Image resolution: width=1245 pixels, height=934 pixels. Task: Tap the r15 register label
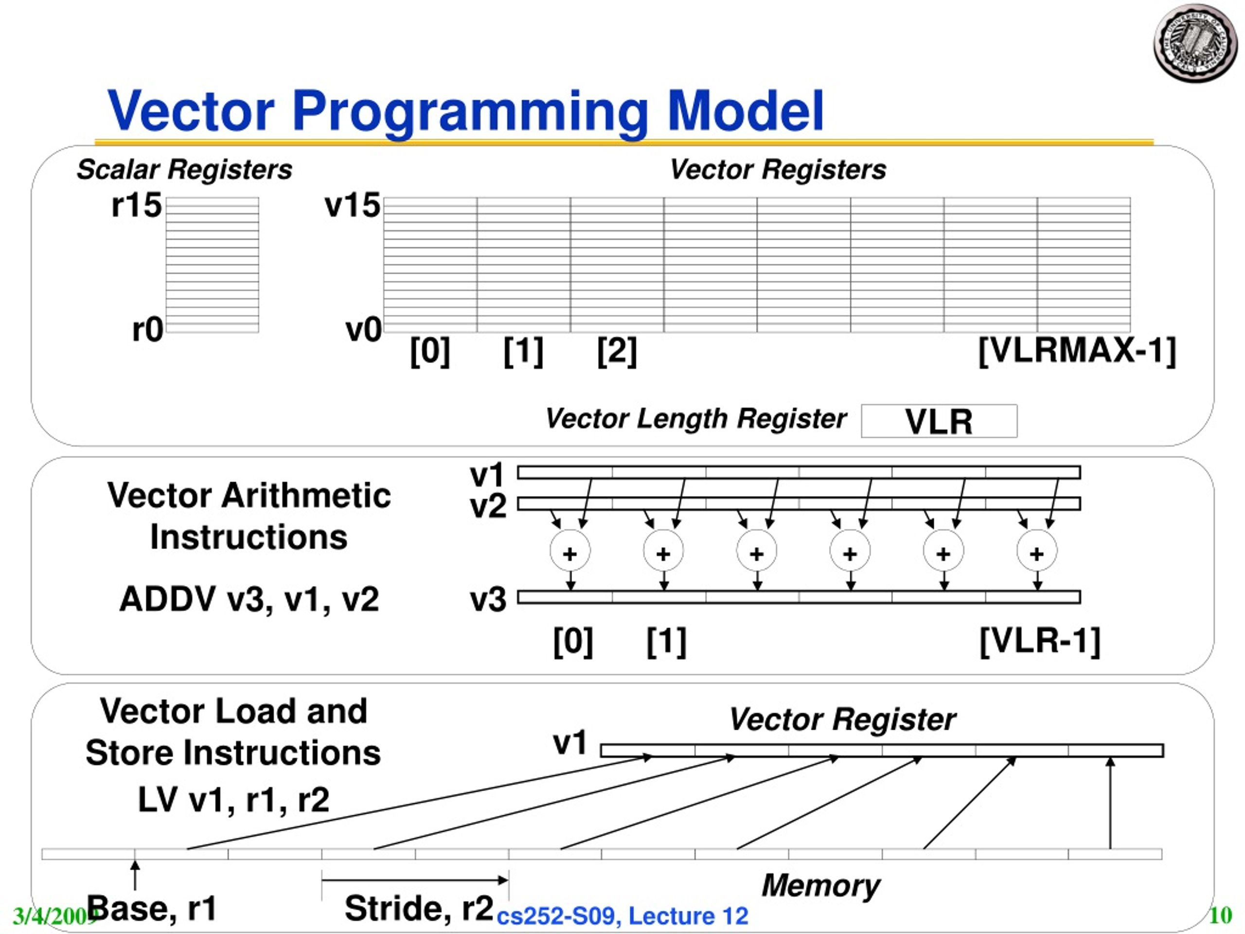(x=137, y=205)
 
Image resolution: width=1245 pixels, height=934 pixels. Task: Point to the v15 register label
(x=352, y=205)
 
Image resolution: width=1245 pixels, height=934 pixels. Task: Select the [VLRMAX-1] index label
(x=1077, y=351)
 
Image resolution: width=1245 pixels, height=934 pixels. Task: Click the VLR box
(x=939, y=421)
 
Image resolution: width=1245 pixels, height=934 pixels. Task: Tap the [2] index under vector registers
(x=617, y=351)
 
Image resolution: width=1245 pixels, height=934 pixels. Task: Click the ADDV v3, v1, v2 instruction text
(x=249, y=598)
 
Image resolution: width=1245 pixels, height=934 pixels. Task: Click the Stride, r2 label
(x=419, y=908)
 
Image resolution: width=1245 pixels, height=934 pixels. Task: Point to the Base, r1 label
(x=152, y=908)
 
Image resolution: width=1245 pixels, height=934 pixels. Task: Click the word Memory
(x=820, y=885)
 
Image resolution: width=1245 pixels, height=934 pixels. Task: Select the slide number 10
(x=1220, y=916)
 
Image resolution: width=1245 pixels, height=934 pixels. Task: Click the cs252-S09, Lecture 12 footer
(x=622, y=916)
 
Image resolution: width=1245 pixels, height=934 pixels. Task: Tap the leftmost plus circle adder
(x=570, y=551)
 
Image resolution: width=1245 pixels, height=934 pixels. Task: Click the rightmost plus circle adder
(x=1037, y=551)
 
